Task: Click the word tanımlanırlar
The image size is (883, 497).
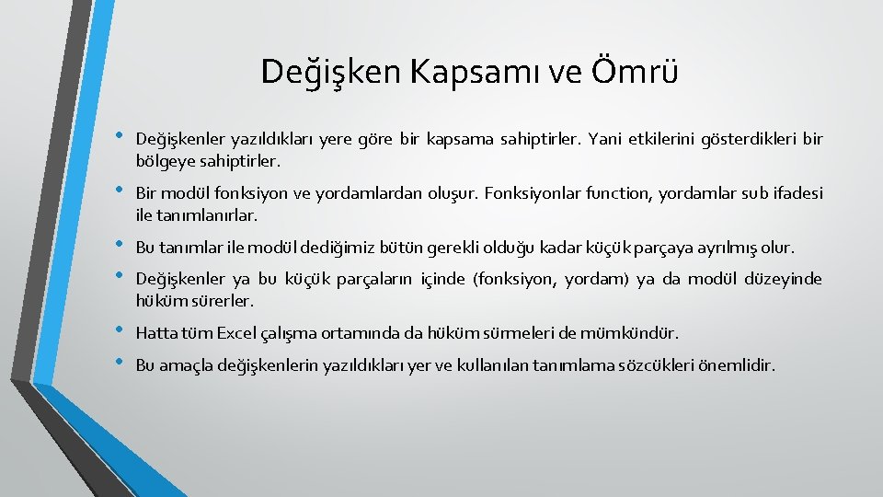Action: (x=207, y=215)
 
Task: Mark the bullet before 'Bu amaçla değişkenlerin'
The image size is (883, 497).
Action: (x=117, y=362)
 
